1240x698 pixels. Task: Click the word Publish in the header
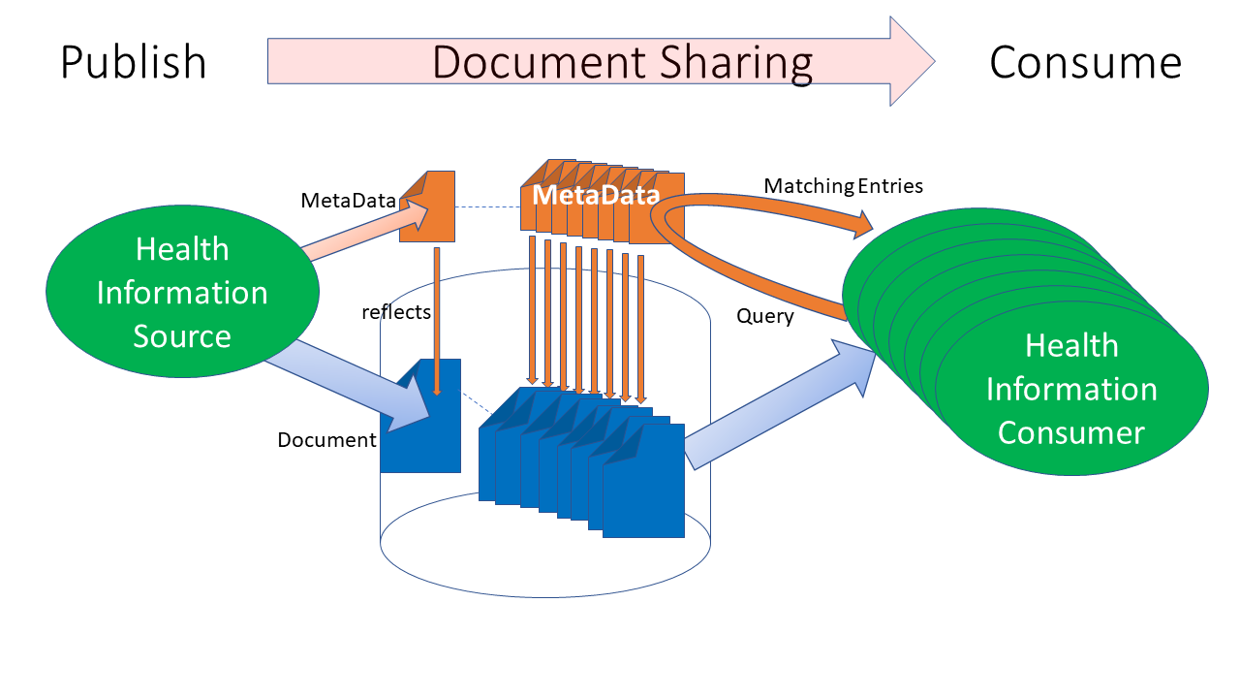click(134, 63)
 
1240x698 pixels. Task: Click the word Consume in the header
click(1085, 63)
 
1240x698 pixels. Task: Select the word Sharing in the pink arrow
click(737, 62)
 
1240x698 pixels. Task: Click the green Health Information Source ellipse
click(182, 292)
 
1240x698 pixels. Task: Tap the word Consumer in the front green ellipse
click(1070, 432)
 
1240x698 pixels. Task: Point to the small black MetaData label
click(348, 201)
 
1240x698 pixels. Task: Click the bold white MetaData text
click(595, 195)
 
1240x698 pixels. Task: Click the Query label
click(764, 316)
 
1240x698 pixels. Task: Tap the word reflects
click(395, 312)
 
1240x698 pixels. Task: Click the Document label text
click(326, 440)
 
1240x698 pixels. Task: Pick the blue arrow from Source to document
click(349, 383)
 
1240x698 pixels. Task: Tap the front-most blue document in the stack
click(644, 485)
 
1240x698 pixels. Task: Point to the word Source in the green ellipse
click(182, 336)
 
